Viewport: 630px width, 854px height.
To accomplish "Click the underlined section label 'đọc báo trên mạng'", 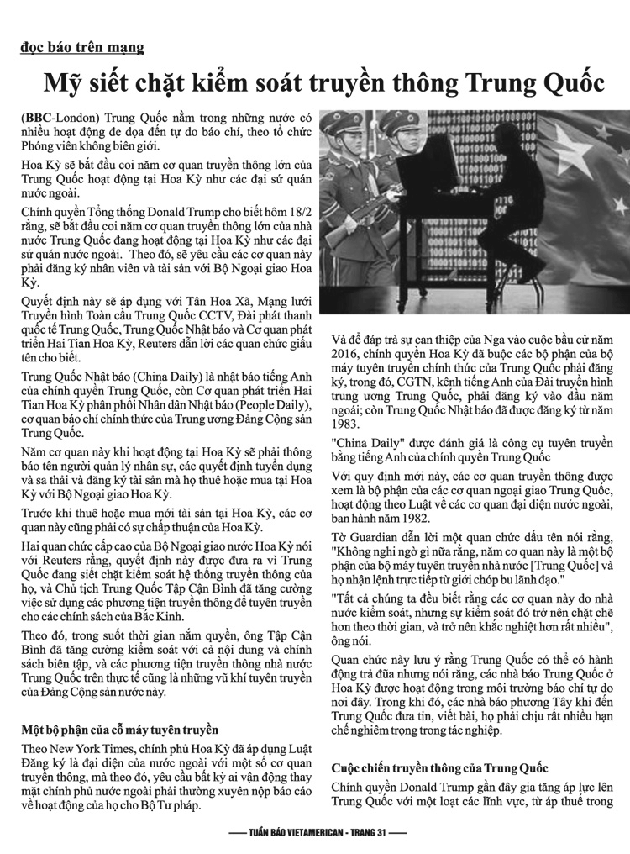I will pos(82,48).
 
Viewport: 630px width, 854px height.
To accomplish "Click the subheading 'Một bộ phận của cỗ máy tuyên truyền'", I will pos(119,730).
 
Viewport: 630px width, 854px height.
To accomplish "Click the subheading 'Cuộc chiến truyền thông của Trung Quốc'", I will pos(439,767).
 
